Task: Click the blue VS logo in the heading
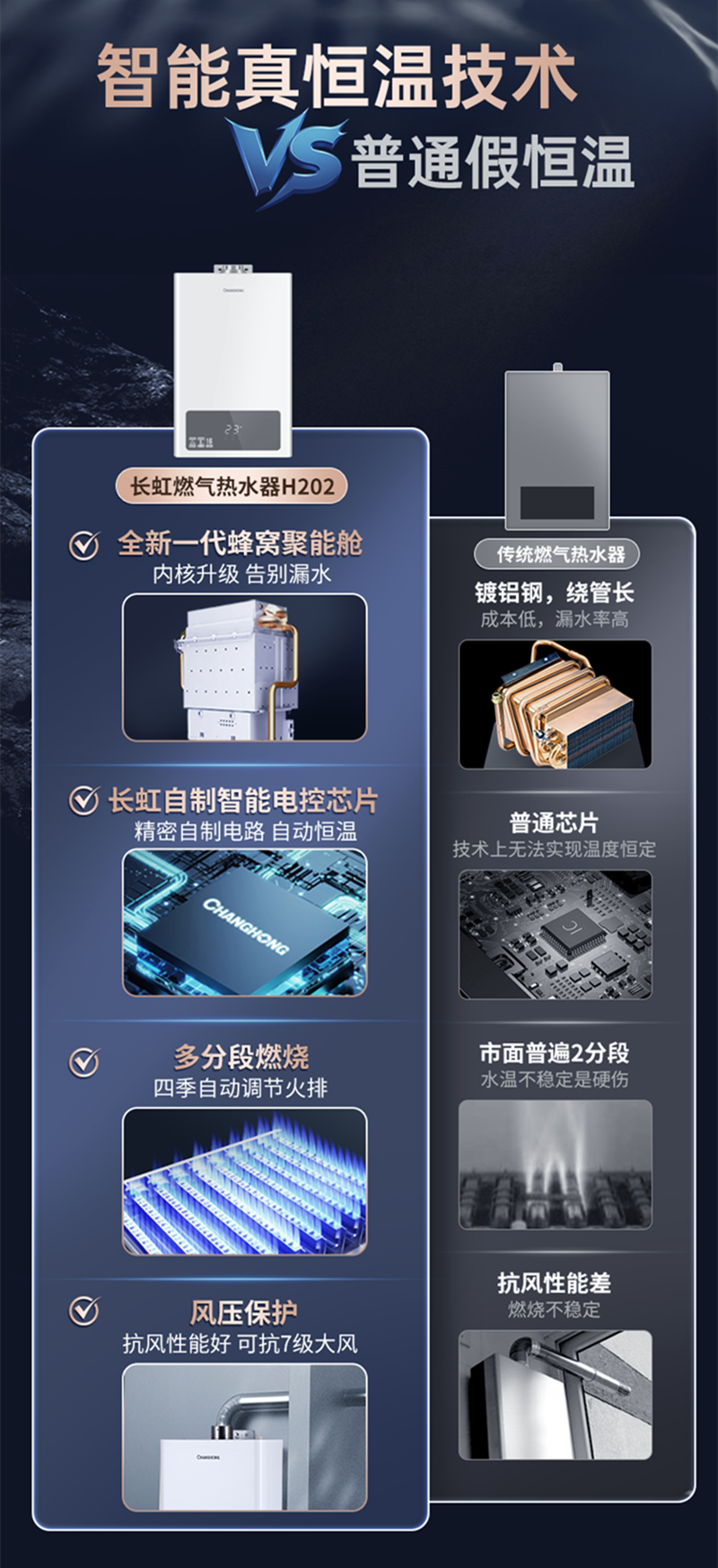[285, 160]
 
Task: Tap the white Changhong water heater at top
[233, 359]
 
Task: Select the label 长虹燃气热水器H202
[232, 486]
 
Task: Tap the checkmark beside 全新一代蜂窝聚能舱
[84, 544]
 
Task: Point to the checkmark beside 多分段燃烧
[84, 1063]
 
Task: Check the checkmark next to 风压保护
[84, 1311]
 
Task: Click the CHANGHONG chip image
[244, 923]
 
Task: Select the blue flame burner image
[244, 1180]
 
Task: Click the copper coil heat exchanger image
[555, 705]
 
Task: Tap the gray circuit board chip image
[555, 934]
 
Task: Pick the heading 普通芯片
[554, 822]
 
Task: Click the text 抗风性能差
[554, 1283]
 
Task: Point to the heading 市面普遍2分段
[554, 1053]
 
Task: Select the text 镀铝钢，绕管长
[554, 592]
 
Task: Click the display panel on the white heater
[233, 430]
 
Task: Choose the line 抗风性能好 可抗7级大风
[241, 1344]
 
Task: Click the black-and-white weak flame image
[555, 1164]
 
